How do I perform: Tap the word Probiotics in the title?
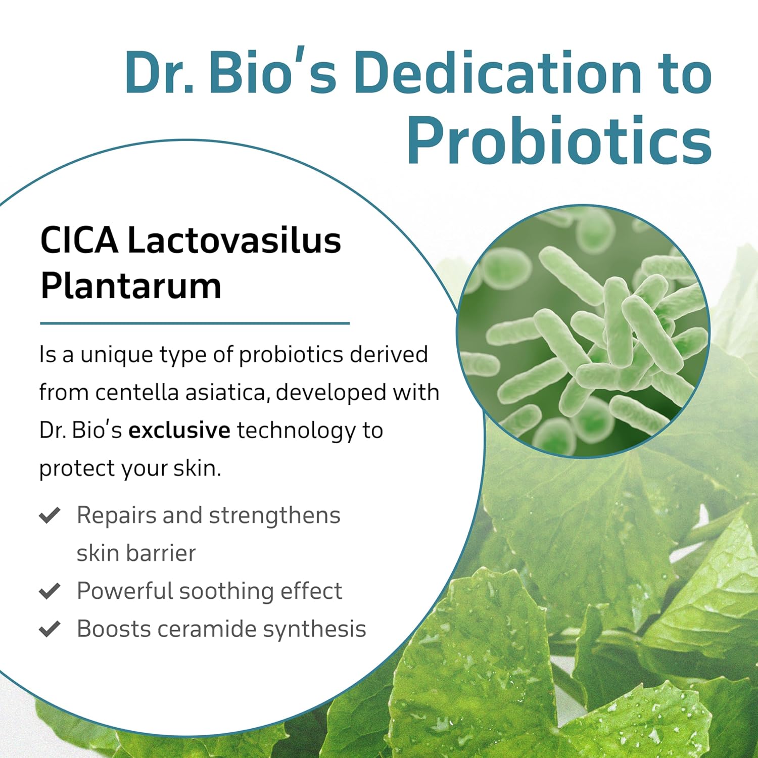coord(559,140)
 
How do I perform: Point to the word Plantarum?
coord(131,286)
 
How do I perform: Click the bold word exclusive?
coord(179,430)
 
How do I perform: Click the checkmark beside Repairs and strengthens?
coord(50,515)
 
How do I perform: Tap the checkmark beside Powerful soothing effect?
coord(50,591)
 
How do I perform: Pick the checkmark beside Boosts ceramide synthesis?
coord(50,629)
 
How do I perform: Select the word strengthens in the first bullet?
coord(274,516)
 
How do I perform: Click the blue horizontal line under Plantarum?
coord(195,323)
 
